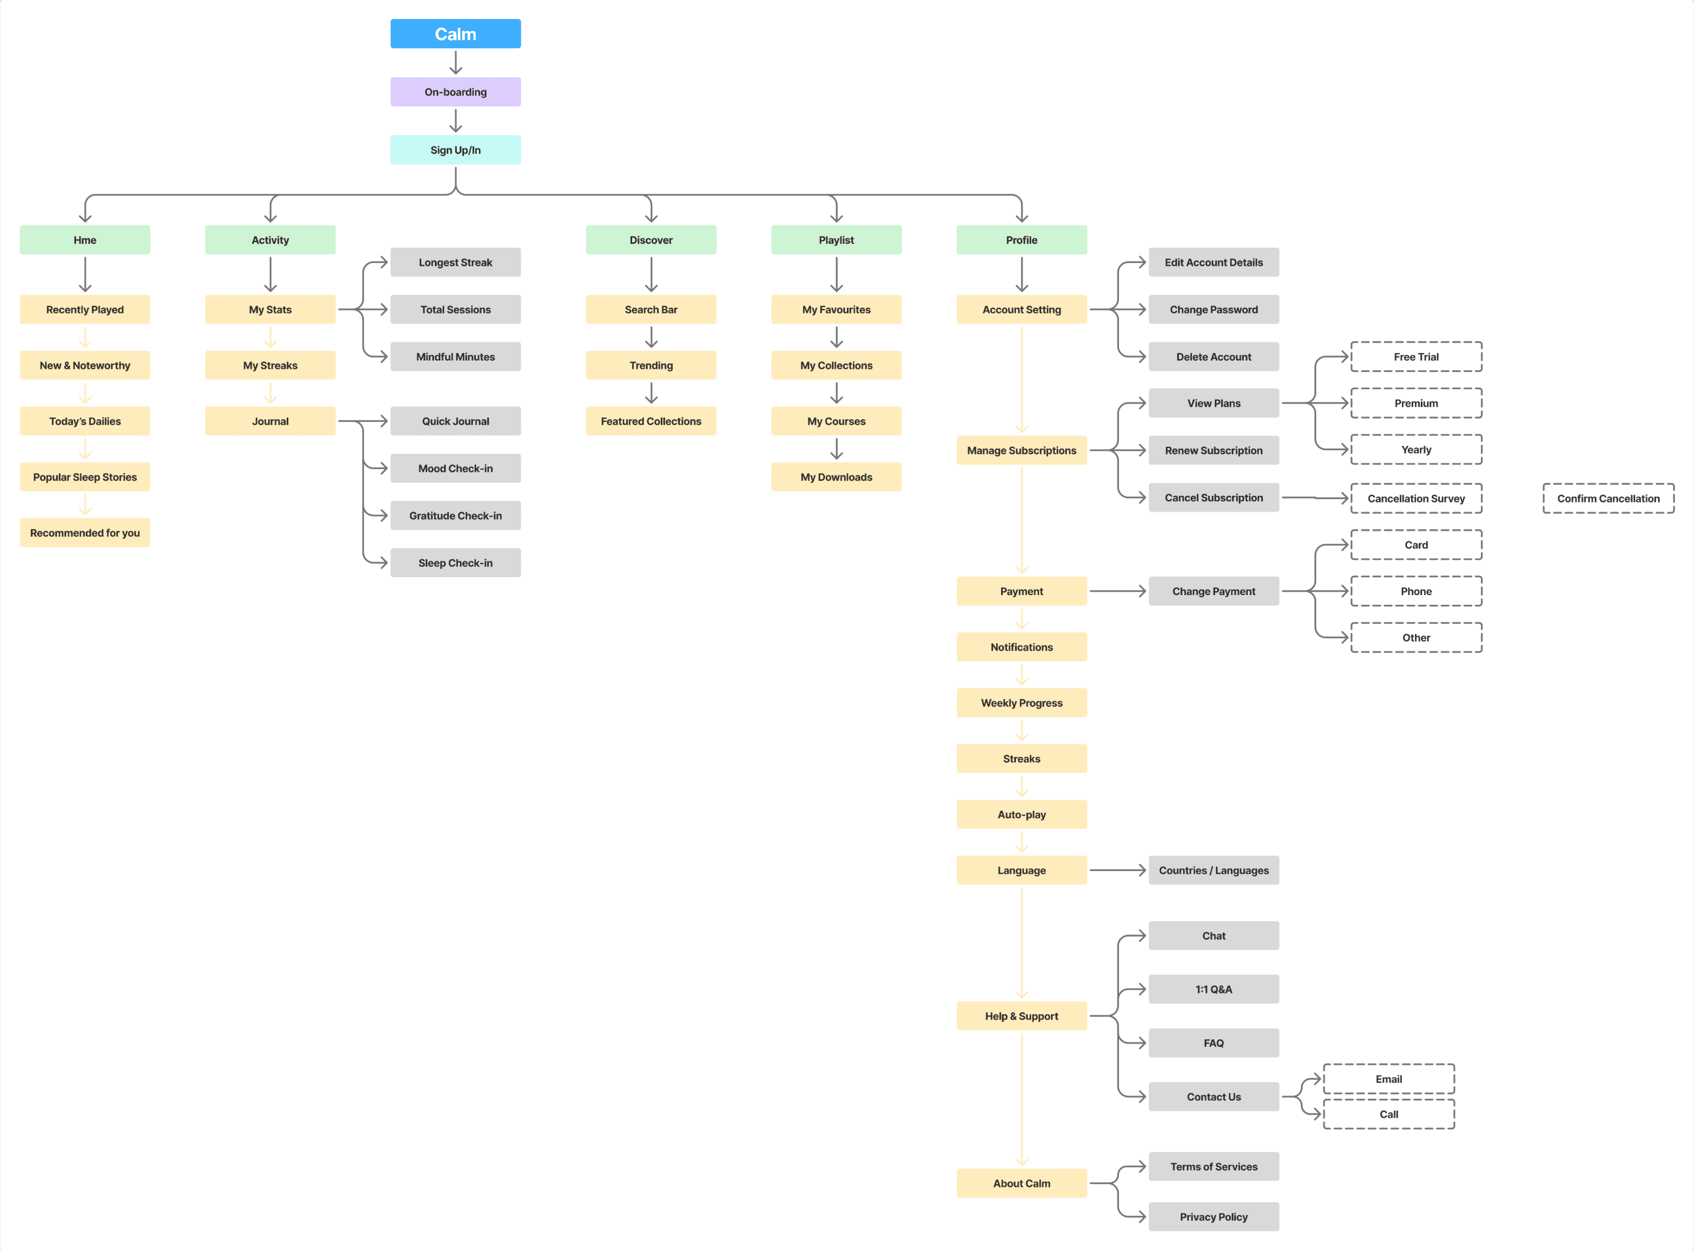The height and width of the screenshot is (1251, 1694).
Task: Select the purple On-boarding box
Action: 455,92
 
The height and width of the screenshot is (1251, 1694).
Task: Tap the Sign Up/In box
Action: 455,150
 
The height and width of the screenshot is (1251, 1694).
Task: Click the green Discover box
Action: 650,240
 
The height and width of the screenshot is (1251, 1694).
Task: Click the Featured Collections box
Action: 650,421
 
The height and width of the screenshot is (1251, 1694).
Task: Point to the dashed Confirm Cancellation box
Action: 1608,498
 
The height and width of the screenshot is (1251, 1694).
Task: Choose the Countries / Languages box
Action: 1213,870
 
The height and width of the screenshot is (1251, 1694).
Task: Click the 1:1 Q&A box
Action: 1213,989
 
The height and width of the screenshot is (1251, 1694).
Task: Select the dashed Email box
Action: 1388,1079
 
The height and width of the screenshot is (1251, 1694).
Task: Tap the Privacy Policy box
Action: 1213,1217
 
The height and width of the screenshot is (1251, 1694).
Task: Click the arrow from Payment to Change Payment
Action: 1117,591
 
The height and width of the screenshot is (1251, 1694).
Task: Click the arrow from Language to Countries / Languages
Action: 1117,870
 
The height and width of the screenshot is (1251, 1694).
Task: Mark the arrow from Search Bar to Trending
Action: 650,337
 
